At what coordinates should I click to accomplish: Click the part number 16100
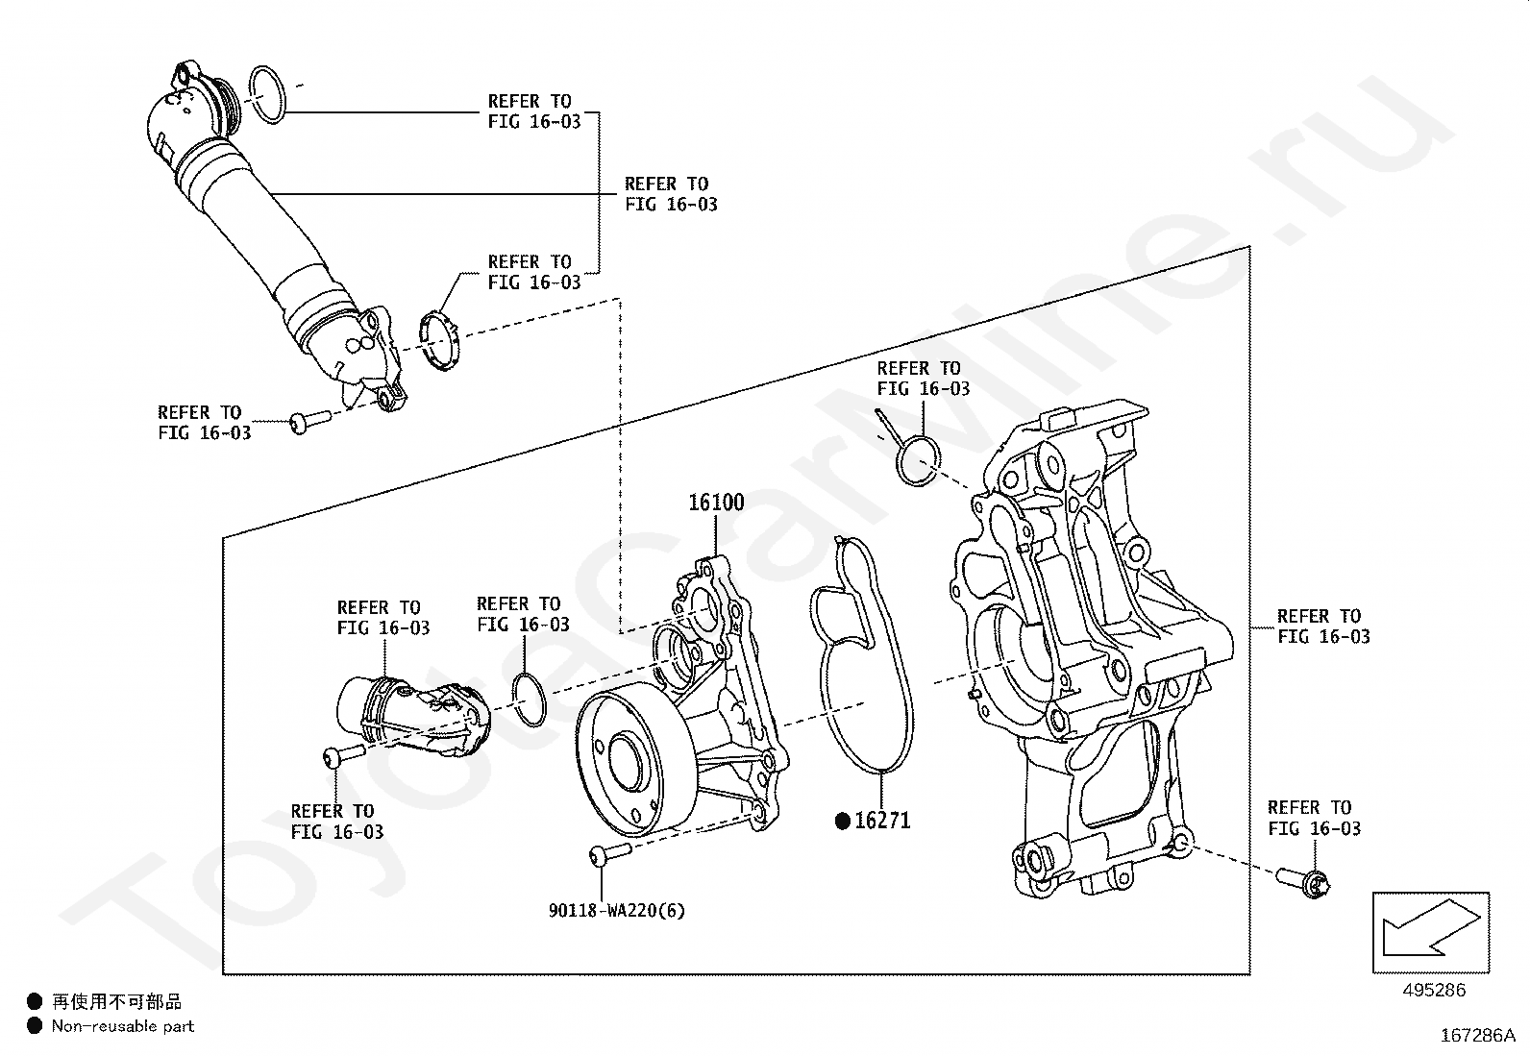pyautogui.click(x=716, y=503)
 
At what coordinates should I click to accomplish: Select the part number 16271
pyautogui.click(x=882, y=821)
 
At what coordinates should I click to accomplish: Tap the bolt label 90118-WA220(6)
pyautogui.click(x=617, y=911)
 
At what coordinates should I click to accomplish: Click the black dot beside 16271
pyautogui.click(x=843, y=821)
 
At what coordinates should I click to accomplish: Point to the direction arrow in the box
pyautogui.click(x=1431, y=927)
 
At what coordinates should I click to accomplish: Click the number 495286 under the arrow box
pyautogui.click(x=1434, y=990)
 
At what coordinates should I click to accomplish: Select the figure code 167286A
pyautogui.click(x=1478, y=1036)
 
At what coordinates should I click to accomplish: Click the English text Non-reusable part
pyautogui.click(x=123, y=1026)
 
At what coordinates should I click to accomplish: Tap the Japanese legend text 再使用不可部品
pyautogui.click(x=117, y=1001)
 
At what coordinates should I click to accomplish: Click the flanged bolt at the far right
pyautogui.click(x=1303, y=884)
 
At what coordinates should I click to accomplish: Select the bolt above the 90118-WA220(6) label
pyautogui.click(x=610, y=853)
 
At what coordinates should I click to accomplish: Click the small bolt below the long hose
pyautogui.click(x=309, y=421)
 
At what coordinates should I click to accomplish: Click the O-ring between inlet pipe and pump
pyautogui.click(x=530, y=700)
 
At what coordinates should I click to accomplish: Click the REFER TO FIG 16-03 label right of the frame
pyautogui.click(x=1323, y=626)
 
